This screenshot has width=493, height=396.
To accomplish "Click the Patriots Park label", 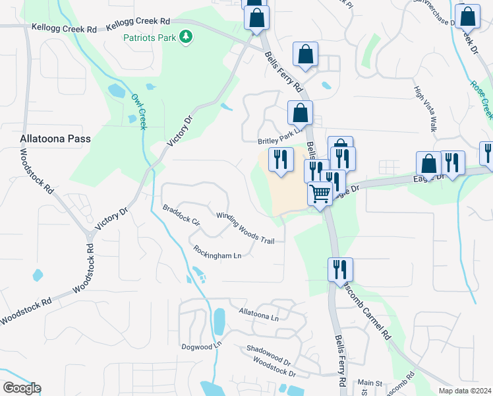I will click(x=150, y=38).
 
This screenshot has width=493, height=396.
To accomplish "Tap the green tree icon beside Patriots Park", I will click(x=187, y=38).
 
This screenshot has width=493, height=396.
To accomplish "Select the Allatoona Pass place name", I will click(x=55, y=139).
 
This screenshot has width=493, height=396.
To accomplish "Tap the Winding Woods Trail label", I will click(x=245, y=228).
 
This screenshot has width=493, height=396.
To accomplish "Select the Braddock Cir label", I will click(x=181, y=215).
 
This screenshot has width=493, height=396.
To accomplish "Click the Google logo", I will click(x=22, y=388).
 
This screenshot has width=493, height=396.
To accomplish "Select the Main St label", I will click(x=370, y=383).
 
